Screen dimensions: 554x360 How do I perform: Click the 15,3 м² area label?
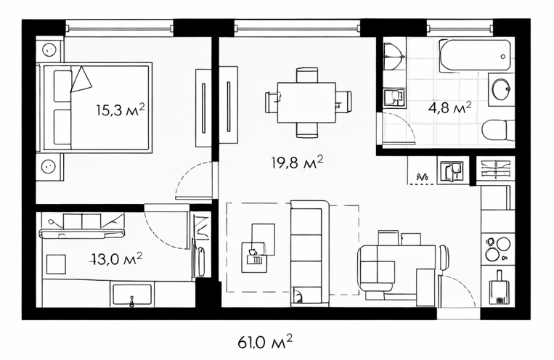point(120,110)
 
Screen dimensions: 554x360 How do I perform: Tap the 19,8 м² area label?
point(297,163)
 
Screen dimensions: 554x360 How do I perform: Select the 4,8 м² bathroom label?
point(449,107)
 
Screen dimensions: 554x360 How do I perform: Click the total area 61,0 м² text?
point(265,342)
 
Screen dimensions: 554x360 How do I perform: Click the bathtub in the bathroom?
point(475,54)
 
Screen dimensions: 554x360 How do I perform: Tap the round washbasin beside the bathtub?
point(501,89)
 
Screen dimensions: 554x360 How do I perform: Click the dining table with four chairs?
point(306,102)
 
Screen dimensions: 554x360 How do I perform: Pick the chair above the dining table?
point(307,75)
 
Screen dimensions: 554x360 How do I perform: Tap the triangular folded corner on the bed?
point(81,79)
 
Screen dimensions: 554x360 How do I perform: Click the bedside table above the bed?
point(49,50)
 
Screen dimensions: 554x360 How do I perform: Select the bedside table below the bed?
point(49,167)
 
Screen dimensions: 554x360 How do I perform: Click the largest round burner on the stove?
point(503,243)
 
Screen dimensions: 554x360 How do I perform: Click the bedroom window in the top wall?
point(119,28)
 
